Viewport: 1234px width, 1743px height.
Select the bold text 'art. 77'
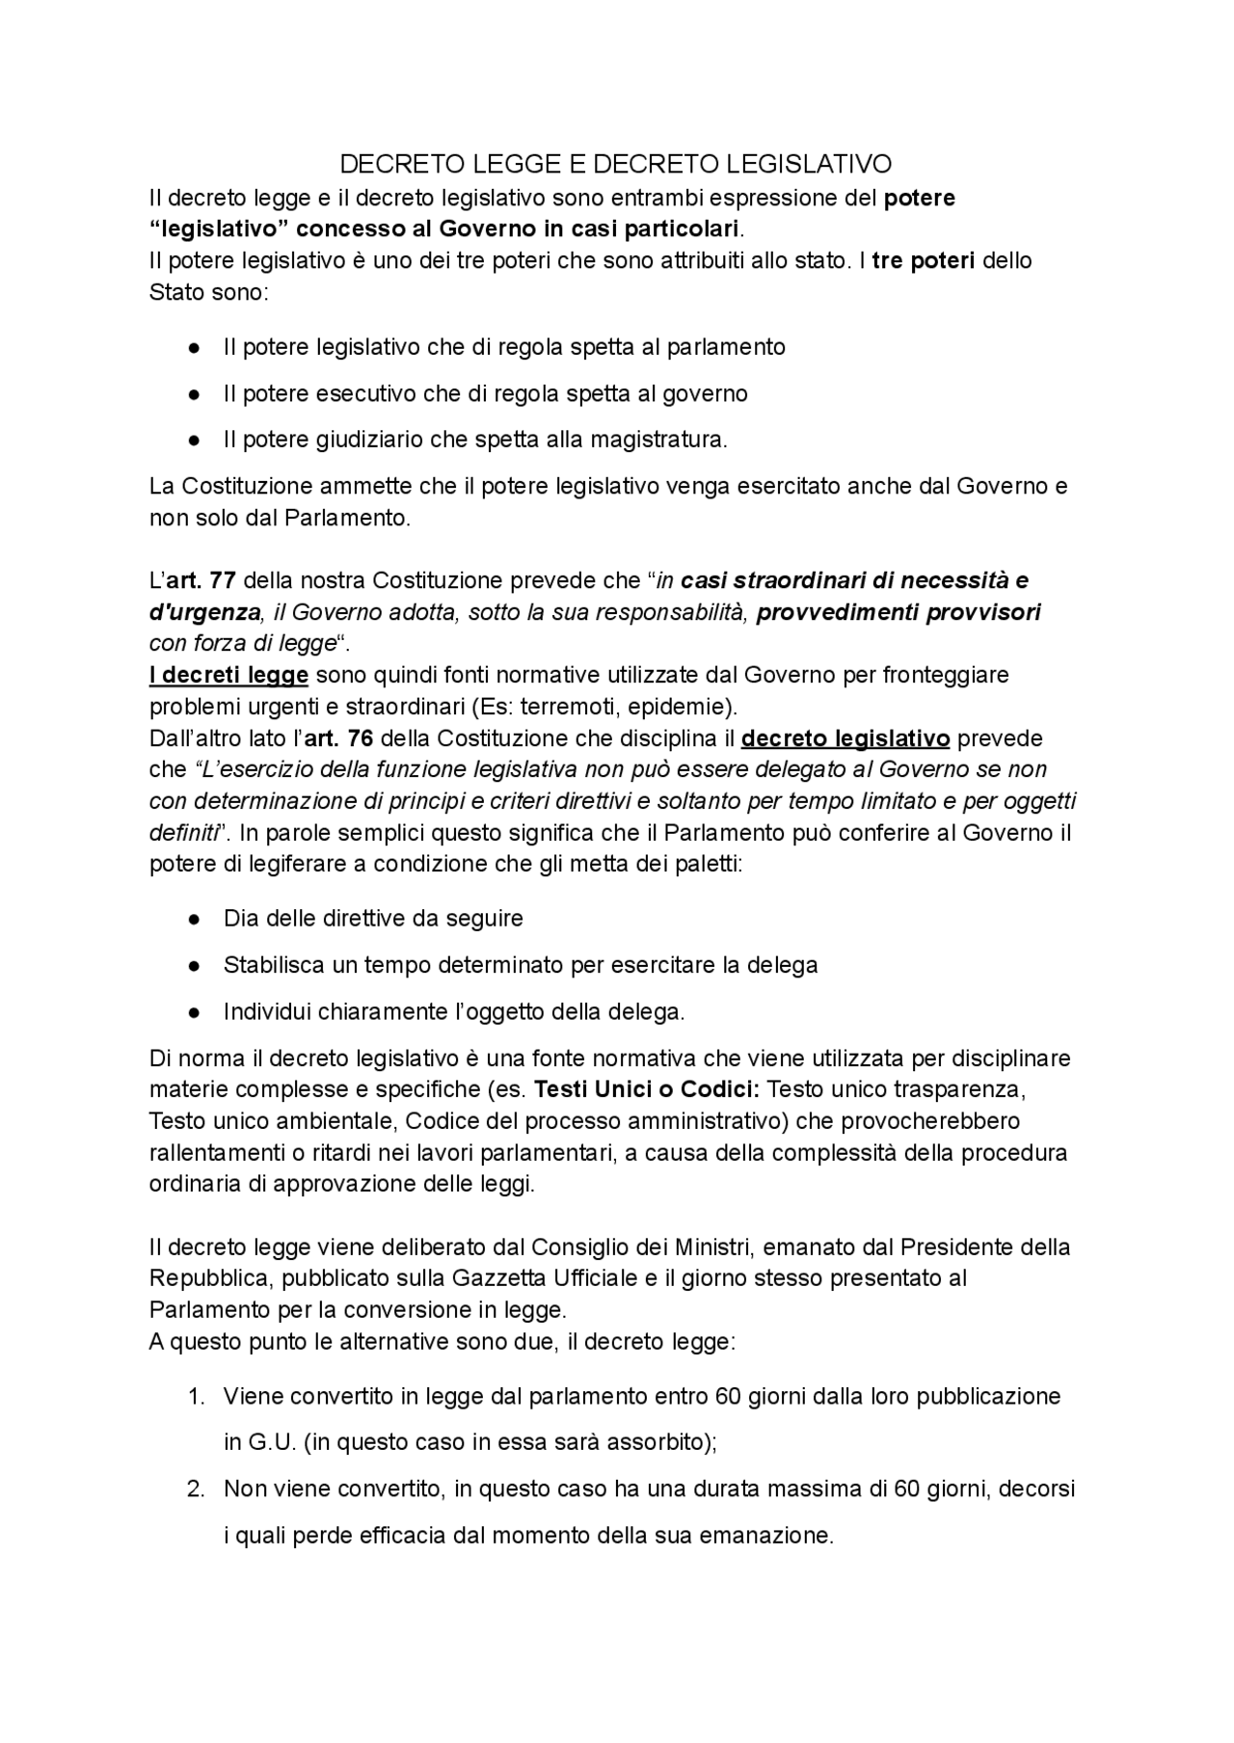click(202, 580)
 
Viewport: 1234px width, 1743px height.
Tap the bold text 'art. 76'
click(338, 738)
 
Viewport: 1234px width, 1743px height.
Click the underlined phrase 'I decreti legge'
click(228, 675)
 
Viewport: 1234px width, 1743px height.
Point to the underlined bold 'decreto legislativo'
click(845, 738)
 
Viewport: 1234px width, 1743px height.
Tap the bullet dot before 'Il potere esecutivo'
click(195, 394)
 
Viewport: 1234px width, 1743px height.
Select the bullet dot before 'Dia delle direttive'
click(195, 919)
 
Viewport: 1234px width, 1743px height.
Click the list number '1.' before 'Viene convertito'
click(196, 1396)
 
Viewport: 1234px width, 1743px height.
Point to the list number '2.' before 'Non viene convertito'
click(196, 1488)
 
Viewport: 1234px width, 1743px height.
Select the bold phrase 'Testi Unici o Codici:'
click(647, 1089)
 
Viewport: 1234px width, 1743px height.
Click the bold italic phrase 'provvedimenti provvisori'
click(899, 612)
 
